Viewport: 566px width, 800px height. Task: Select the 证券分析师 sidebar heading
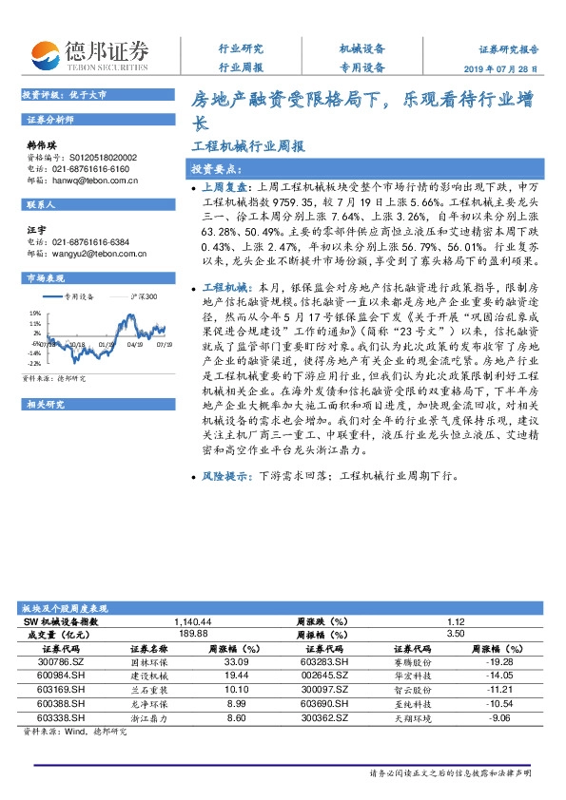(x=49, y=121)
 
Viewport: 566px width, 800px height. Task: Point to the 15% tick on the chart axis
(x=34, y=311)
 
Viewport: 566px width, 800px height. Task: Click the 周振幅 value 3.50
(x=454, y=634)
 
